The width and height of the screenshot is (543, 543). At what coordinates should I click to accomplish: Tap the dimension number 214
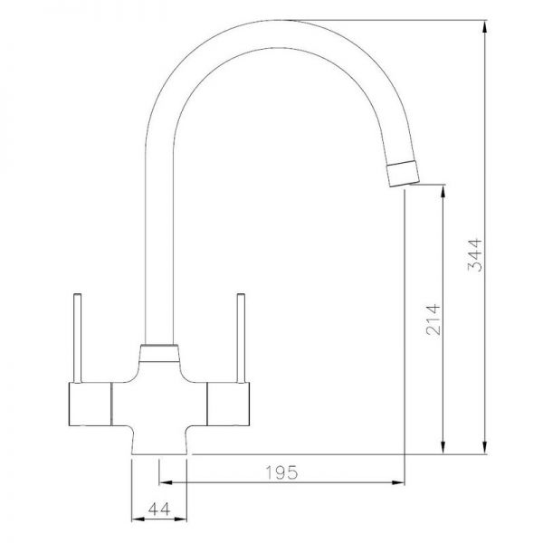pos(433,319)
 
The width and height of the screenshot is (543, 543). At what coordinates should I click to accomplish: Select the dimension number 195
pos(281,472)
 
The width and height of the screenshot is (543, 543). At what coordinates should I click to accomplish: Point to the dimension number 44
pos(159,509)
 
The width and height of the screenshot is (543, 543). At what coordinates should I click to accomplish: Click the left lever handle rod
pos(78,338)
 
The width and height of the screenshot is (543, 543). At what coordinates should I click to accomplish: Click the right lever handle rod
pos(241,338)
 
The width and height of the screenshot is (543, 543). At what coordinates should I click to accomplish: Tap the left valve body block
pos(90,404)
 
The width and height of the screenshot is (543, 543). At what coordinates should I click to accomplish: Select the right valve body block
pos(228,404)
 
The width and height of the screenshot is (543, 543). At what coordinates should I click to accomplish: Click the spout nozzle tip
pos(403,174)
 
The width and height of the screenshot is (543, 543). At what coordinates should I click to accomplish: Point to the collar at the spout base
pos(159,353)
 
